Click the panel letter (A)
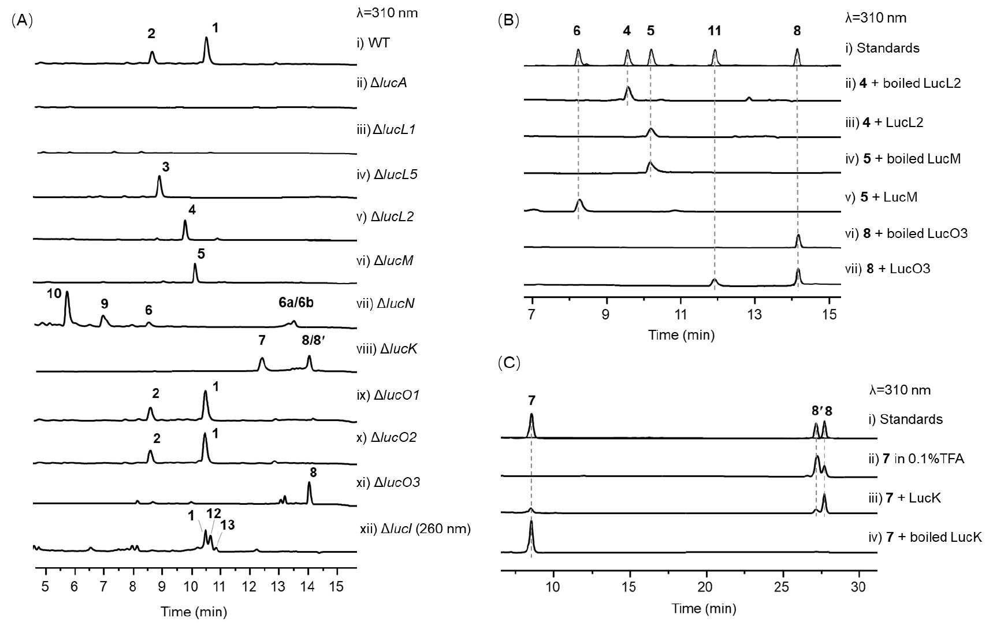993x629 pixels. pyautogui.click(x=22, y=20)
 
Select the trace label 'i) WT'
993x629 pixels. pyautogui.click(x=374, y=43)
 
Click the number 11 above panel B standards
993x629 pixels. pyautogui.click(x=715, y=31)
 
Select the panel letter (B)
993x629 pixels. pyautogui.click(x=508, y=20)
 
